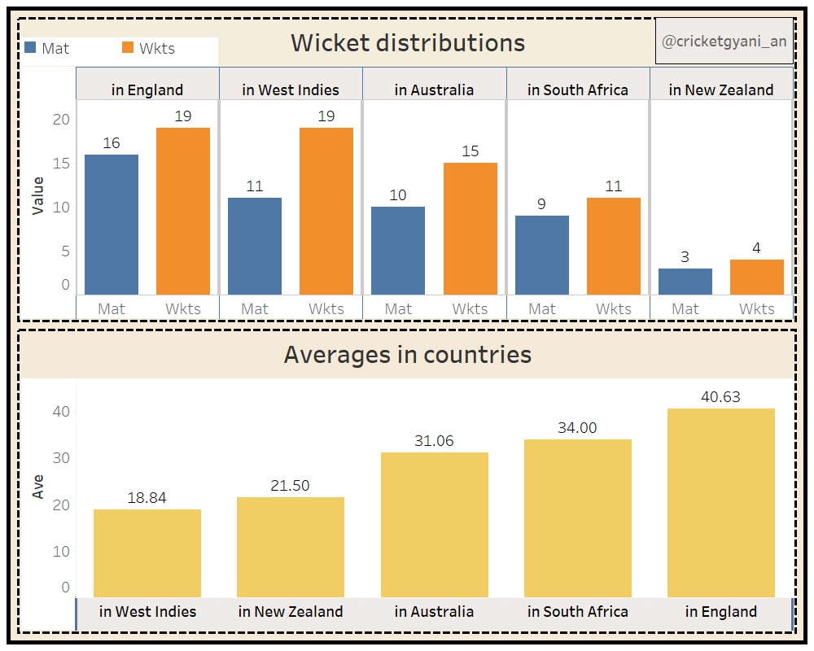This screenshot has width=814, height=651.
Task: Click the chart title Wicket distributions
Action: coord(408,42)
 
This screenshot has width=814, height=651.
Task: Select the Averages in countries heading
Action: coord(407,355)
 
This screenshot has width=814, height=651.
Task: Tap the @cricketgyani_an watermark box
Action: coord(724,42)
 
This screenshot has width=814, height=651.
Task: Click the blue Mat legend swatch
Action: coord(31,48)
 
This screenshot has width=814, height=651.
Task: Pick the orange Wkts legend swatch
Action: coord(128,48)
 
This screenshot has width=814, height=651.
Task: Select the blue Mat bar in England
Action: coord(112,225)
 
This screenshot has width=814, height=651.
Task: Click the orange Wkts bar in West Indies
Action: coord(326,211)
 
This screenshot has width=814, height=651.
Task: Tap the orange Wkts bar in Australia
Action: coord(470,229)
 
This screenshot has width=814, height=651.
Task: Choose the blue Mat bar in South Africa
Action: coord(542,255)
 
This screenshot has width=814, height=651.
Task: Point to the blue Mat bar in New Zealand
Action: coord(685,282)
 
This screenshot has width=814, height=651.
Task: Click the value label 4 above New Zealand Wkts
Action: coord(757,248)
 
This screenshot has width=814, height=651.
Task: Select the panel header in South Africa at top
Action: coord(578,90)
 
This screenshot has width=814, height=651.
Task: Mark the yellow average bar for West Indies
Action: coord(147,553)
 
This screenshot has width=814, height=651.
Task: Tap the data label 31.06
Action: coord(434,441)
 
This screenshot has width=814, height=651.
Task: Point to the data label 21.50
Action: coord(290,486)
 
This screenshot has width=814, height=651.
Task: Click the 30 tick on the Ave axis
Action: coord(62,458)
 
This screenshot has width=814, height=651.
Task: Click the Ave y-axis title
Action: coord(37,487)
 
